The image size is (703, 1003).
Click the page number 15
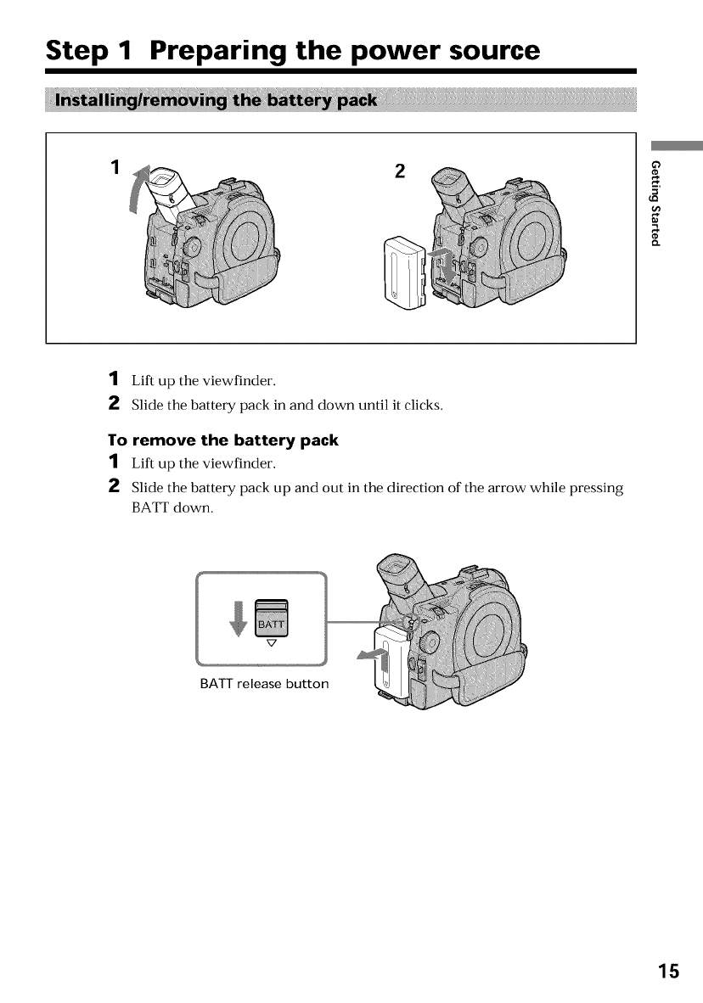(667, 971)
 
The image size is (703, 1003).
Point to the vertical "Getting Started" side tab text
(655, 202)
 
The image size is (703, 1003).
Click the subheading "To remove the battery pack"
(222, 440)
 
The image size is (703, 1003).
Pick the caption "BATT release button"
(263, 684)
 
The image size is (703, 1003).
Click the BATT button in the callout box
(273, 623)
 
